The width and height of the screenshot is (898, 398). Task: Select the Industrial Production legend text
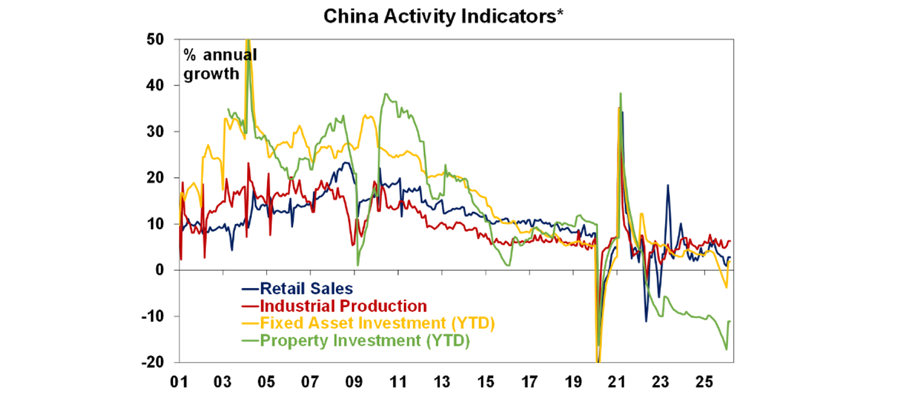coord(343,306)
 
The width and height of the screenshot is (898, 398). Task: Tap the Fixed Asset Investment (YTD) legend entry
coord(377,323)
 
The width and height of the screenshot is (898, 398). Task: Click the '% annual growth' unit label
coord(220,64)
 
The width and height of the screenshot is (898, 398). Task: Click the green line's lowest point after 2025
coord(726,349)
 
